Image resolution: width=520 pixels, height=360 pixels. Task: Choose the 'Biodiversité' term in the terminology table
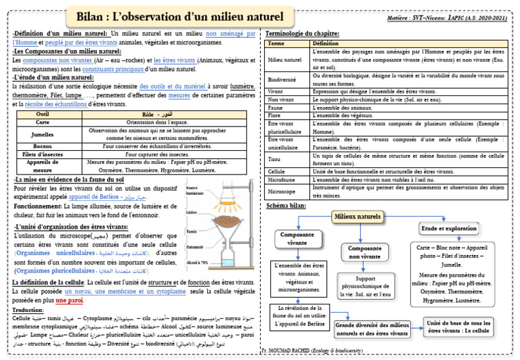tap(284, 78)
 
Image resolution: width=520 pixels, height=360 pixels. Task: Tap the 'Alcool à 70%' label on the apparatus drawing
tap(196, 262)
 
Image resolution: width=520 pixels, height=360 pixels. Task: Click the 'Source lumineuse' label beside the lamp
tap(196, 191)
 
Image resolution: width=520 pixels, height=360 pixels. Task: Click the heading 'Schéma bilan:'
tap(286, 205)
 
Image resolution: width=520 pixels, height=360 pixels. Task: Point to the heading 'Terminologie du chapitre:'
tap(302, 33)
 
